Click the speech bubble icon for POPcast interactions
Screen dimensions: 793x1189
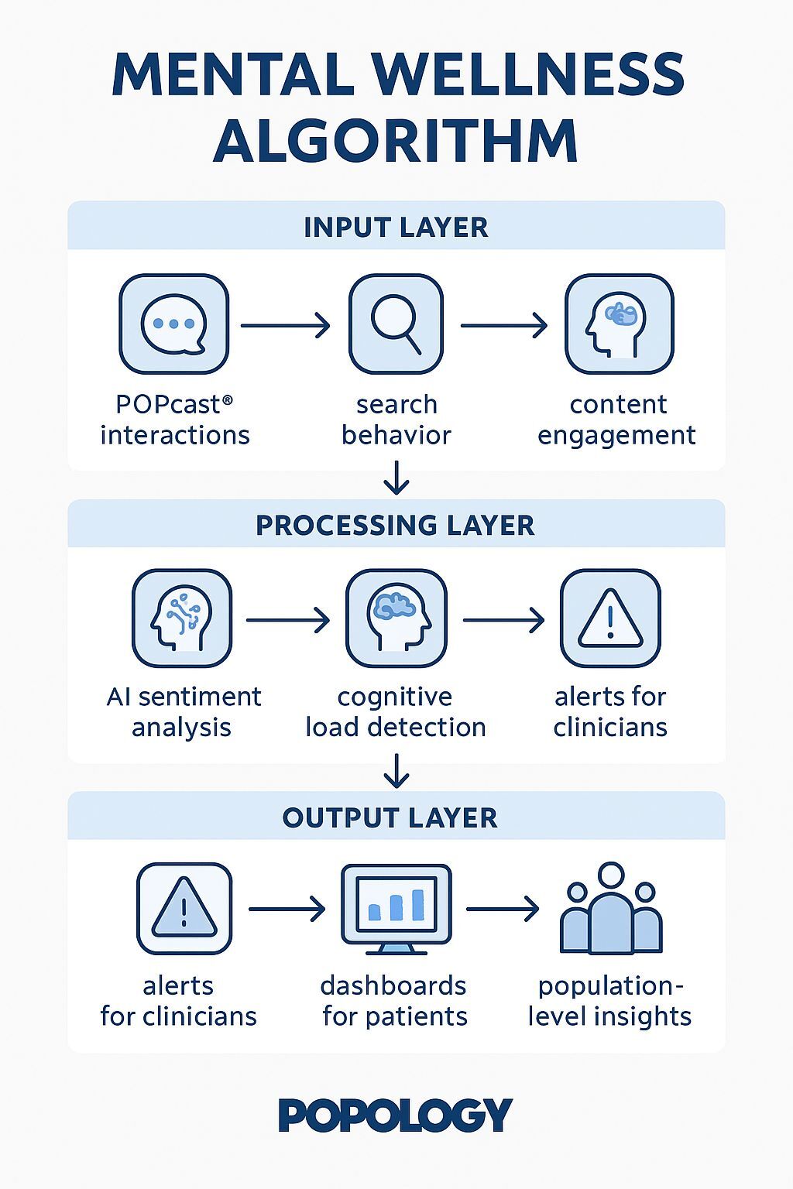coord(173,324)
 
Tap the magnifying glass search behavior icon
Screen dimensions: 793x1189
coord(396,324)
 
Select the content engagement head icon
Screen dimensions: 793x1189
coord(620,324)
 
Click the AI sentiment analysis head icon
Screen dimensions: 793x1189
coord(182,618)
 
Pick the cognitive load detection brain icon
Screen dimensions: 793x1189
coord(396,618)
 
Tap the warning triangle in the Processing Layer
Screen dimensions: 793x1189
coord(610,618)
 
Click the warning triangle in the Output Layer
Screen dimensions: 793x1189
coord(184,909)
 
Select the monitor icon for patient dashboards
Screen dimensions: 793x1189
coord(396,910)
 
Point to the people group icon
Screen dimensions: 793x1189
coord(611,908)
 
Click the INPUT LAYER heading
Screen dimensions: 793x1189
coord(396,227)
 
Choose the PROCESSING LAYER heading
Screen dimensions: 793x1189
coord(395,525)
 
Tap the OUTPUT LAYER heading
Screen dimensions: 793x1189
coord(390,817)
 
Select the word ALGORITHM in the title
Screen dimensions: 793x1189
coord(396,141)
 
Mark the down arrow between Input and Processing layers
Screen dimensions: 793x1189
coord(396,478)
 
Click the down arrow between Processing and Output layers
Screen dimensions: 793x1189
coord(396,771)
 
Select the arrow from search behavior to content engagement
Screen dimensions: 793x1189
coord(503,325)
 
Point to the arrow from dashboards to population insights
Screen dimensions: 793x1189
coord(503,909)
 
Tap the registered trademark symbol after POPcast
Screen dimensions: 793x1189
coord(228,399)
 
